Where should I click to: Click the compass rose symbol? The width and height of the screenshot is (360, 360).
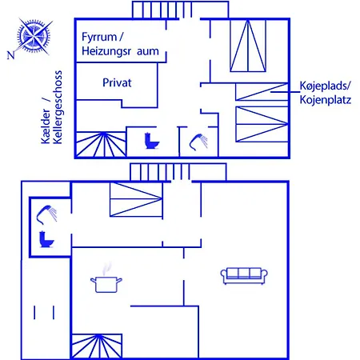34,35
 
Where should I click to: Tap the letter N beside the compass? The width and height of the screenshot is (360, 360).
10,55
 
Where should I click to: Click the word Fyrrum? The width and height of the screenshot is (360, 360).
99,37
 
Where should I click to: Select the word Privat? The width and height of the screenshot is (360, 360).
117,82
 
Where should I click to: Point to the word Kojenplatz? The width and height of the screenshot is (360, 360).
326,100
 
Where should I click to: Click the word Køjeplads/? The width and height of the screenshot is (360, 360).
325,86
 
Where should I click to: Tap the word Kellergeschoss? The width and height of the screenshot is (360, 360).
58,107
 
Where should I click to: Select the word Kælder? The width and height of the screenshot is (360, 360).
46,126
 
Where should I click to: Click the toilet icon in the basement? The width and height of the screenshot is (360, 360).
151,141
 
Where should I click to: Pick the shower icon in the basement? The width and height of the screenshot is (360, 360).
198,142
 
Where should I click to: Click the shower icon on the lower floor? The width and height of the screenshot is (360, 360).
46,214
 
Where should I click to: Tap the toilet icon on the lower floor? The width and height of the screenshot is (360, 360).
46,239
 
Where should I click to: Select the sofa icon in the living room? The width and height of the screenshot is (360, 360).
244,276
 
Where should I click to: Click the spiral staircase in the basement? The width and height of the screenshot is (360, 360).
101,144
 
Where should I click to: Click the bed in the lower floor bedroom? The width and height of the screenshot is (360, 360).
136,199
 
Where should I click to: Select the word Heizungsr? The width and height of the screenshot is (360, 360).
106,51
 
